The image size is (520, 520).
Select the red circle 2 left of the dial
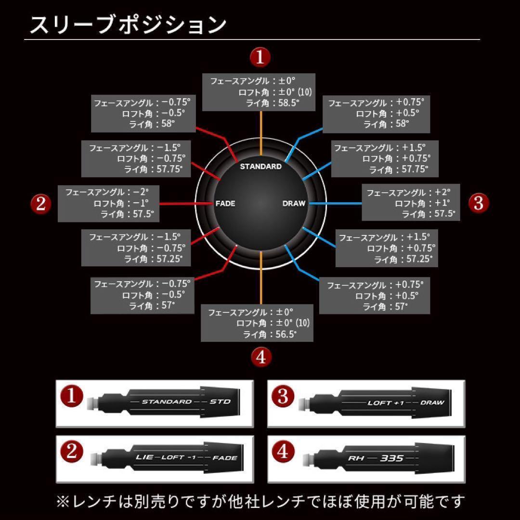tap(41, 204)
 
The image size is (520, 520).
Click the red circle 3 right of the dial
tap(478, 203)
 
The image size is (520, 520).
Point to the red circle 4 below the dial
tap(261, 357)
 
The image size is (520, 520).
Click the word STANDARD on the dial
tap(260, 167)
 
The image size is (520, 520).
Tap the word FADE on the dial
tap(225, 204)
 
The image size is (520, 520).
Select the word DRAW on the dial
tap(294, 204)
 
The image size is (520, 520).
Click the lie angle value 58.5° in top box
tap(287, 103)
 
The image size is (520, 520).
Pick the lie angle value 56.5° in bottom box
tap(286, 335)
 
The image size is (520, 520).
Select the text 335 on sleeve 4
tap(391, 458)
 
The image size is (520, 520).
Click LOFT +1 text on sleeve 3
tap(386, 403)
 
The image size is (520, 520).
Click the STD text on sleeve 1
tap(220, 402)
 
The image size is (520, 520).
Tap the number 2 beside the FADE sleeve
tap(71, 452)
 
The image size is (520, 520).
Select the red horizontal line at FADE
tap(185, 204)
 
